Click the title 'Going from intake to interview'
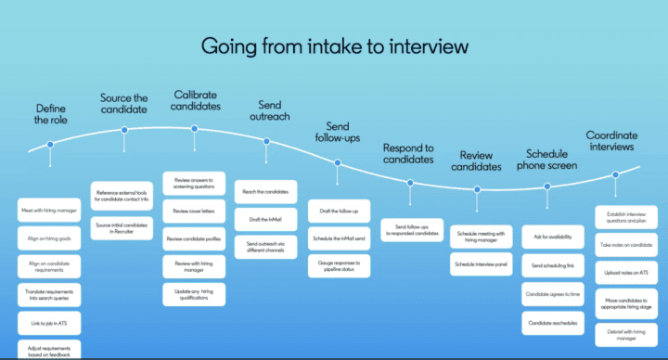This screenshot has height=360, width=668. (335, 45)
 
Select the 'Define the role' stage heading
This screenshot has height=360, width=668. (50, 114)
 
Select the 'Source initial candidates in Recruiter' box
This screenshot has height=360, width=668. (124, 225)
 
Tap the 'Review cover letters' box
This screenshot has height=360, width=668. (196, 211)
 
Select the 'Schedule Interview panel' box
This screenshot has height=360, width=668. (480, 264)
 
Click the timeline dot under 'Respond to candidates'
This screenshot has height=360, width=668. (409, 183)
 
